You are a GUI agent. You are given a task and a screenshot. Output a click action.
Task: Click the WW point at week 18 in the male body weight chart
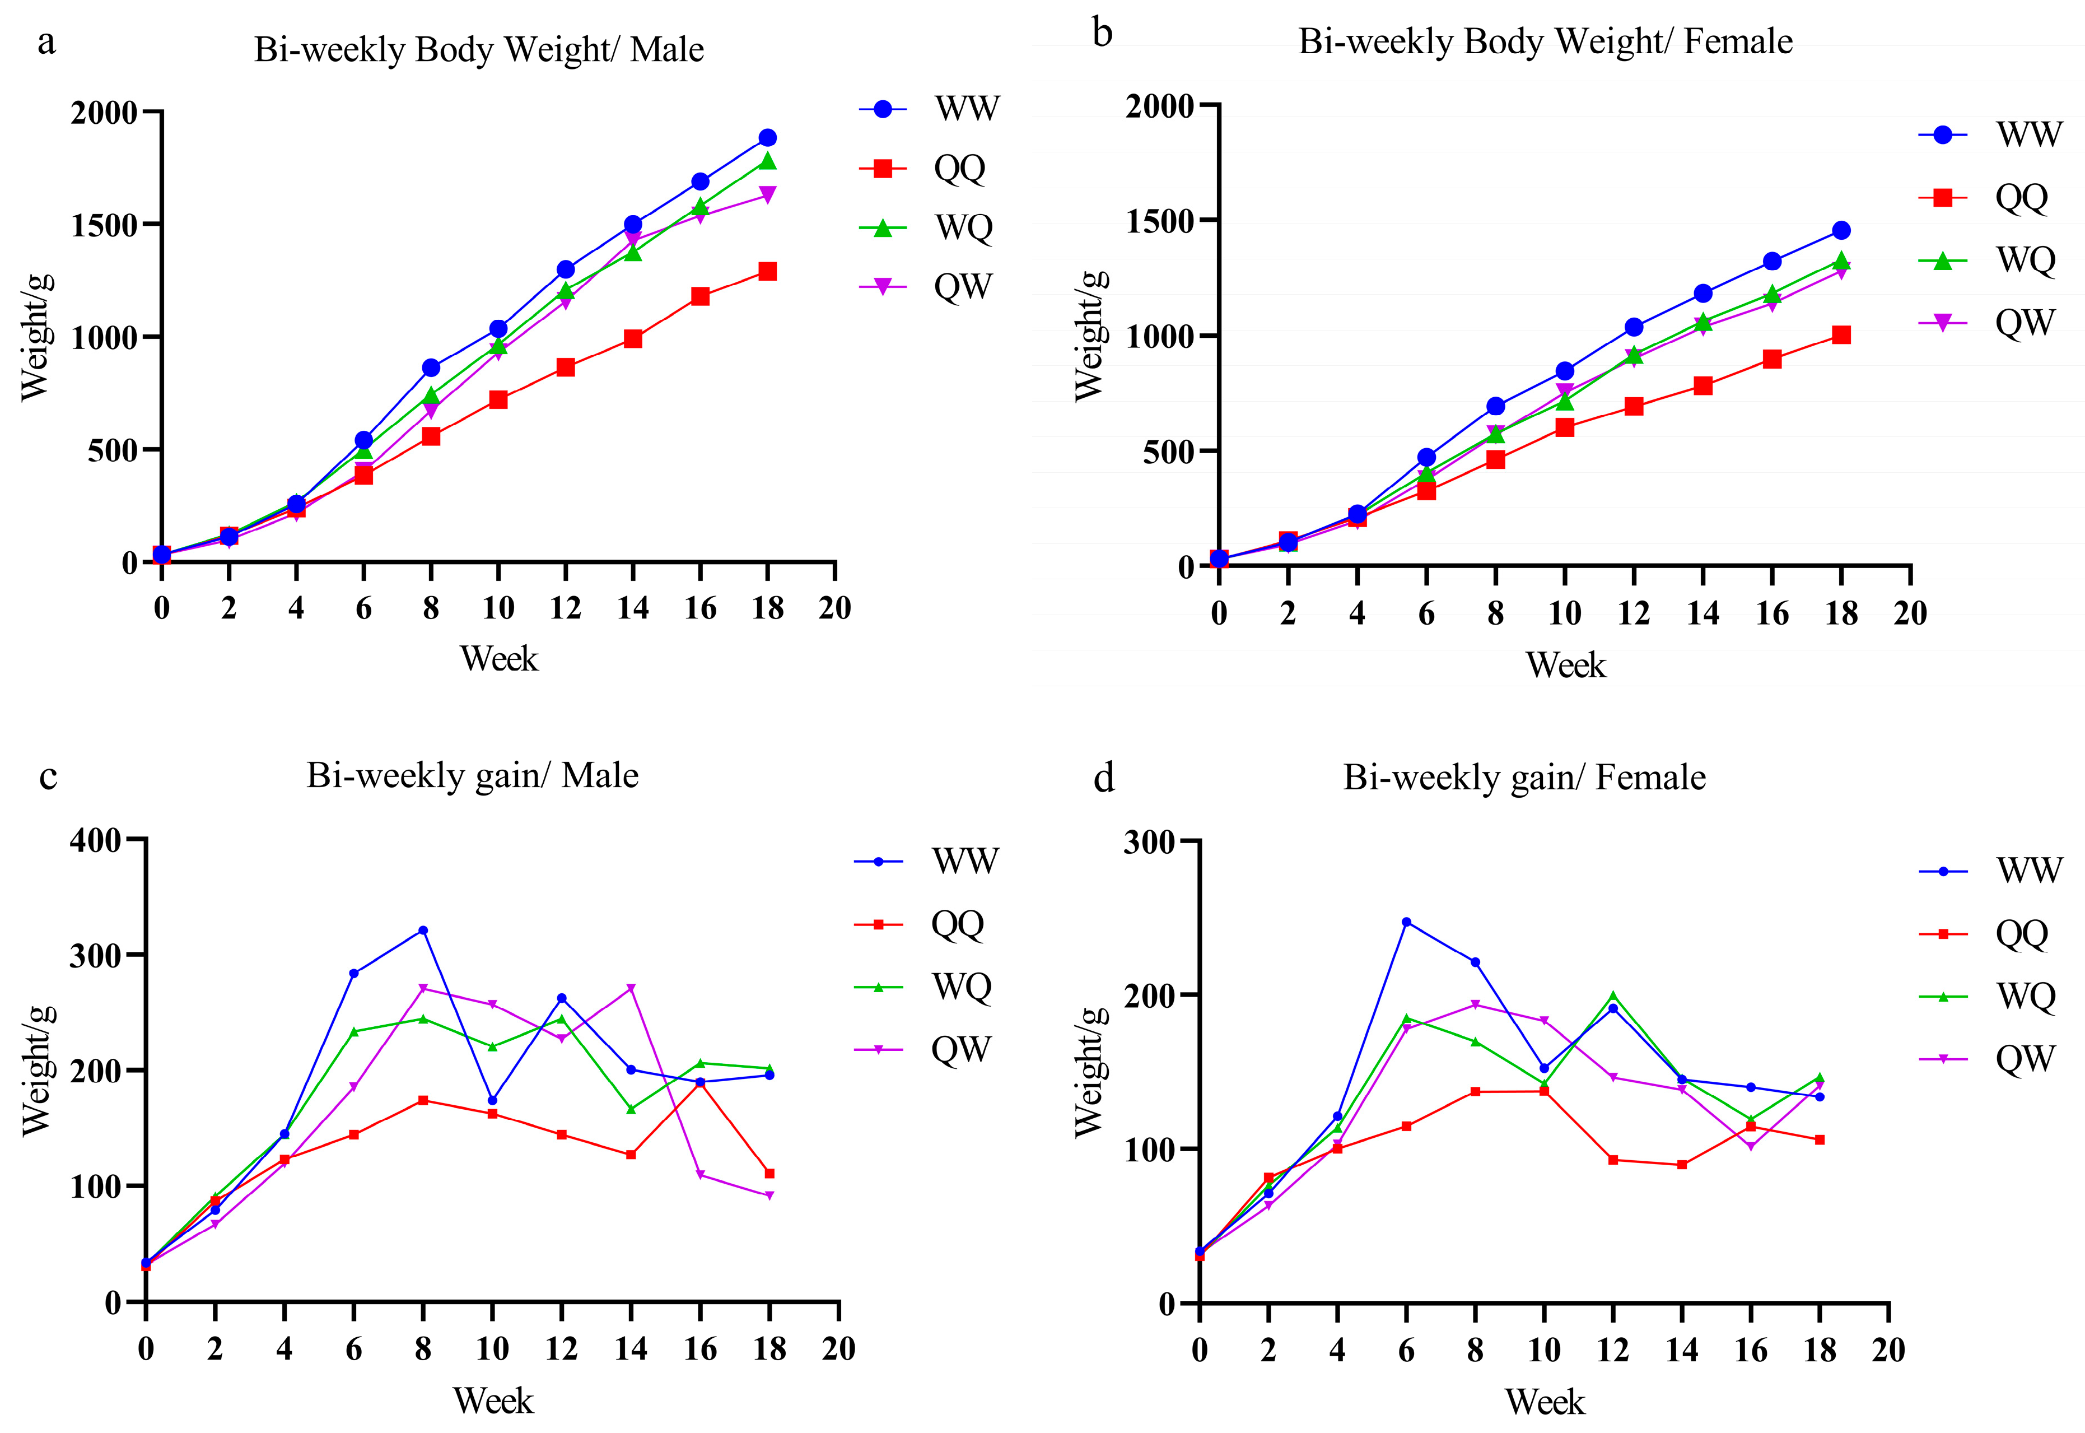coord(767,137)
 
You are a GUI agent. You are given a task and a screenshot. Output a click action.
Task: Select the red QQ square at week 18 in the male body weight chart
coord(767,271)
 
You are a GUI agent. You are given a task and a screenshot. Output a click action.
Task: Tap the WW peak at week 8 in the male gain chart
coord(423,930)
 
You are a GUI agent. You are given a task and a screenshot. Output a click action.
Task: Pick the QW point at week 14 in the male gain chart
coord(631,988)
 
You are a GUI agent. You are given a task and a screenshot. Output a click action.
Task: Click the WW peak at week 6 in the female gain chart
coord(1406,921)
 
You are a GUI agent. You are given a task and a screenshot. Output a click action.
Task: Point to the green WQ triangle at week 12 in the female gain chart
coord(1613,995)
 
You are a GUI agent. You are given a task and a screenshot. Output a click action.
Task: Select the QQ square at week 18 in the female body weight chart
coord(1841,335)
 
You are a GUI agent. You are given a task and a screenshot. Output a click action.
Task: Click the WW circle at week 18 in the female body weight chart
coord(1841,231)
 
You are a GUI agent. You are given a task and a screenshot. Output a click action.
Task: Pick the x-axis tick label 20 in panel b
coord(1910,613)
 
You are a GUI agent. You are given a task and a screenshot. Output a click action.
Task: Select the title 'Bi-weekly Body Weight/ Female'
coord(1545,41)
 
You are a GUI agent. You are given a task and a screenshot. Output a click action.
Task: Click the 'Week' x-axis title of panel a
coord(499,659)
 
